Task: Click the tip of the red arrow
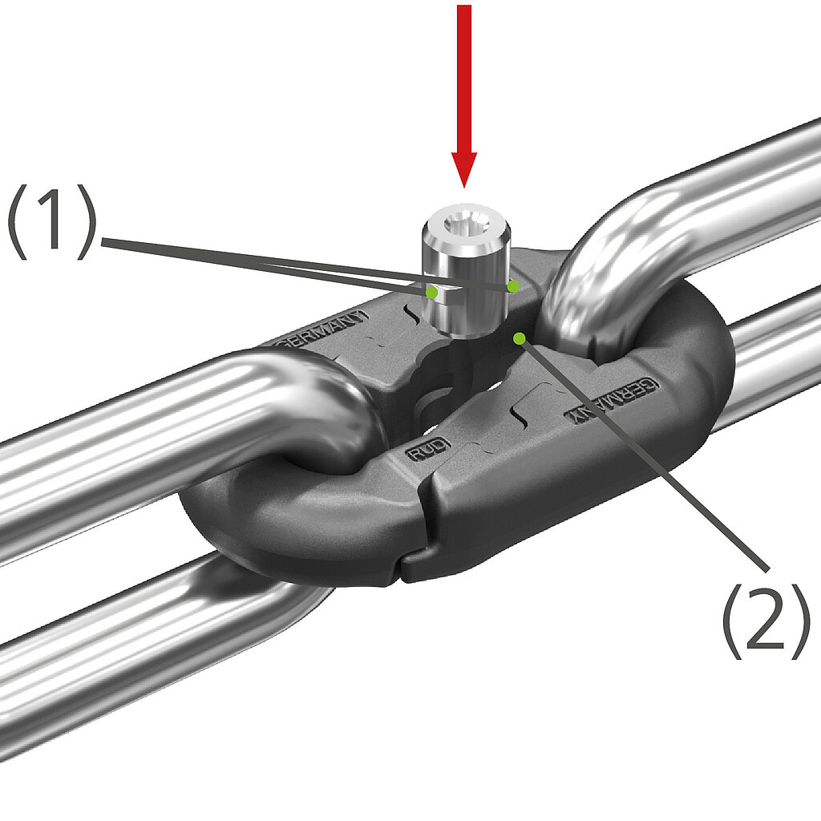pos(464,186)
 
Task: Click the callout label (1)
pos(51,221)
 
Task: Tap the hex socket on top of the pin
pos(464,225)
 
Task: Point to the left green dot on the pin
pos(431,293)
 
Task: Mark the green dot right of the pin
pos(514,286)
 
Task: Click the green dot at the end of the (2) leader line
pos(520,338)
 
